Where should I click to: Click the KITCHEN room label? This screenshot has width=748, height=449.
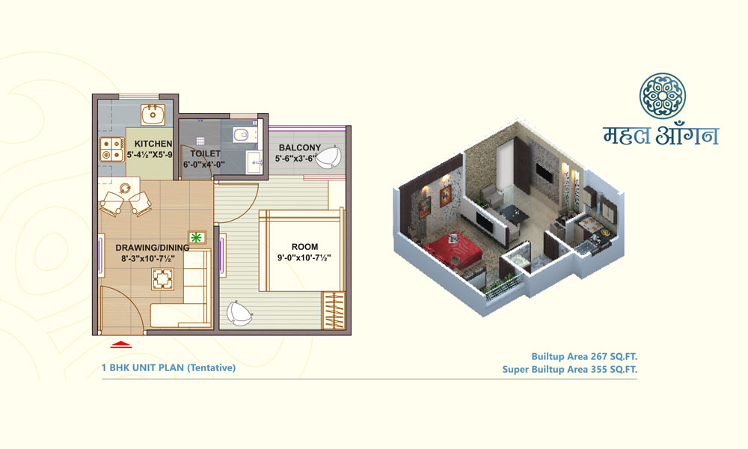(x=153, y=144)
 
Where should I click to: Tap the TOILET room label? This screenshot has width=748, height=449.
(x=206, y=153)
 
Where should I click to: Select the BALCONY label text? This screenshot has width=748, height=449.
(x=300, y=148)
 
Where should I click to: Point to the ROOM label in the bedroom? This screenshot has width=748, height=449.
(x=304, y=247)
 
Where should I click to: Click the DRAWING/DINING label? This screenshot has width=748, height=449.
(x=152, y=248)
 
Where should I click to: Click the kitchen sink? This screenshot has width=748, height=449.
(x=153, y=115)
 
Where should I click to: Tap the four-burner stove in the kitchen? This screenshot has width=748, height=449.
(x=112, y=149)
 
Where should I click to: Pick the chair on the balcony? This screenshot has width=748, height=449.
(x=328, y=157)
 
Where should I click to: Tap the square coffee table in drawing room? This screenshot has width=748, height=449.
(x=162, y=279)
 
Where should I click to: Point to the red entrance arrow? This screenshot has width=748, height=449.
(x=120, y=343)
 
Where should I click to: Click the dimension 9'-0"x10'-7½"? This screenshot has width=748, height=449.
(x=304, y=257)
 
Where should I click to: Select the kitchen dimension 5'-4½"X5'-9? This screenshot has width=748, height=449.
(x=150, y=155)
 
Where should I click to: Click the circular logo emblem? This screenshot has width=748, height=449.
(x=663, y=96)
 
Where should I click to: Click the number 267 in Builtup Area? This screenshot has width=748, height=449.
(x=598, y=356)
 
